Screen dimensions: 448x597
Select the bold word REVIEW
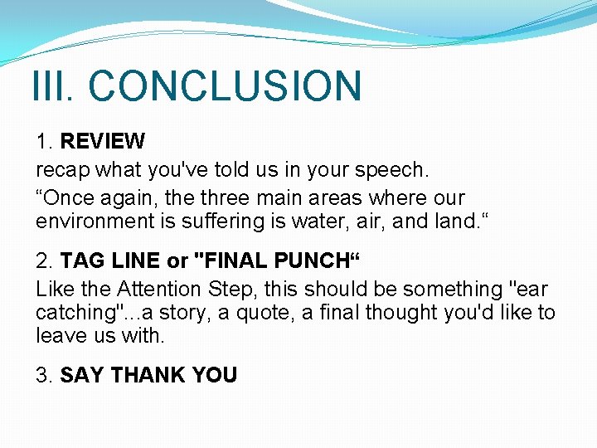coord(102,142)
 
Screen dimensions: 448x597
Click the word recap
coord(63,170)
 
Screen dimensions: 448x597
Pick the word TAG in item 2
coord(80,261)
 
